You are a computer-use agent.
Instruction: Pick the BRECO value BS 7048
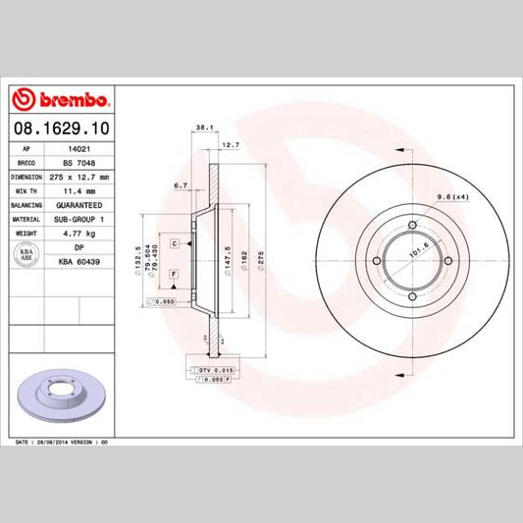pyautogui.click(x=77, y=164)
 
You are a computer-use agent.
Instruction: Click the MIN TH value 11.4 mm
pyautogui.click(x=77, y=191)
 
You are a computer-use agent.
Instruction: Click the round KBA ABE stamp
pyautogui.click(x=26, y=255)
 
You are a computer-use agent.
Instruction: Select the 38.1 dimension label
pyautogui.click(x=204, y=129)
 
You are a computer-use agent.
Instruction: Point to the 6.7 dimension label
pyautogui.click(x=180, y=184)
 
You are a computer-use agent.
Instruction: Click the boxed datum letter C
pyautogui.click(x=173, y=241)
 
